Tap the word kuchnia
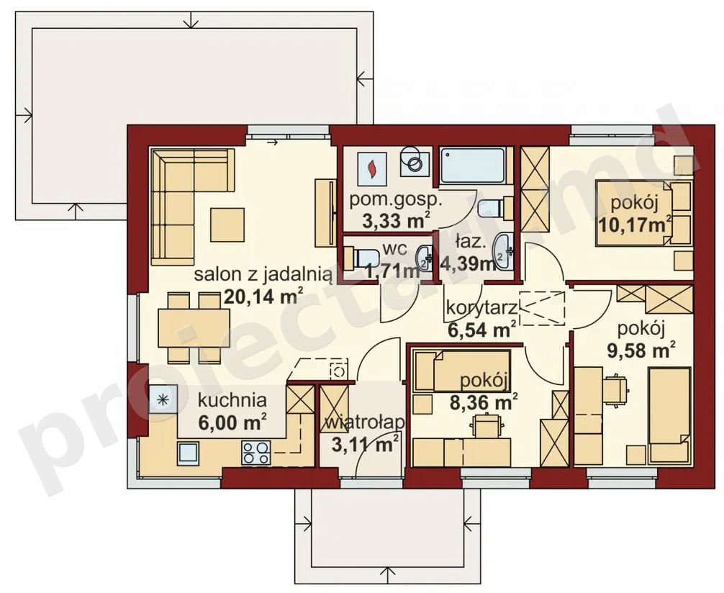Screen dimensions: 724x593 pyautogui.click(x=232, y=400)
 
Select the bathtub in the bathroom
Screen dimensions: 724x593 pyautogui.click(x=472, y=166)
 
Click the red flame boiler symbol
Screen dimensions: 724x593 pyautogui.click(x=371, y=170)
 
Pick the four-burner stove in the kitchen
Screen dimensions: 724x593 pyautogui.click(x=255, y=453)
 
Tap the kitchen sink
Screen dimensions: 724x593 pyautogui.click(x=188, y=453)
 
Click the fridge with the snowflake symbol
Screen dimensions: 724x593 pyautogui.click(x=163, y=399)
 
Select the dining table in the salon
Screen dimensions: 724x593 pyautogui.click(x=194, y=328)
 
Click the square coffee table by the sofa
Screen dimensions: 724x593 pyautogui.click(x=227, y=225)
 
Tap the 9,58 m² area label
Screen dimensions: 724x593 pyautogui.click(x=641, y=350)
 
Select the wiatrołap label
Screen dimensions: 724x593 pyautogui.click(x=365, y=423)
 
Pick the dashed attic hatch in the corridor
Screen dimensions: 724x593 pyautogui.click(x=542, y=309)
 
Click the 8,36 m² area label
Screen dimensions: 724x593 pyautogui.click(x=484, y=401)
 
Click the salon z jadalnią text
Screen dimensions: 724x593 pyautogui.click(x=263, y=275)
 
